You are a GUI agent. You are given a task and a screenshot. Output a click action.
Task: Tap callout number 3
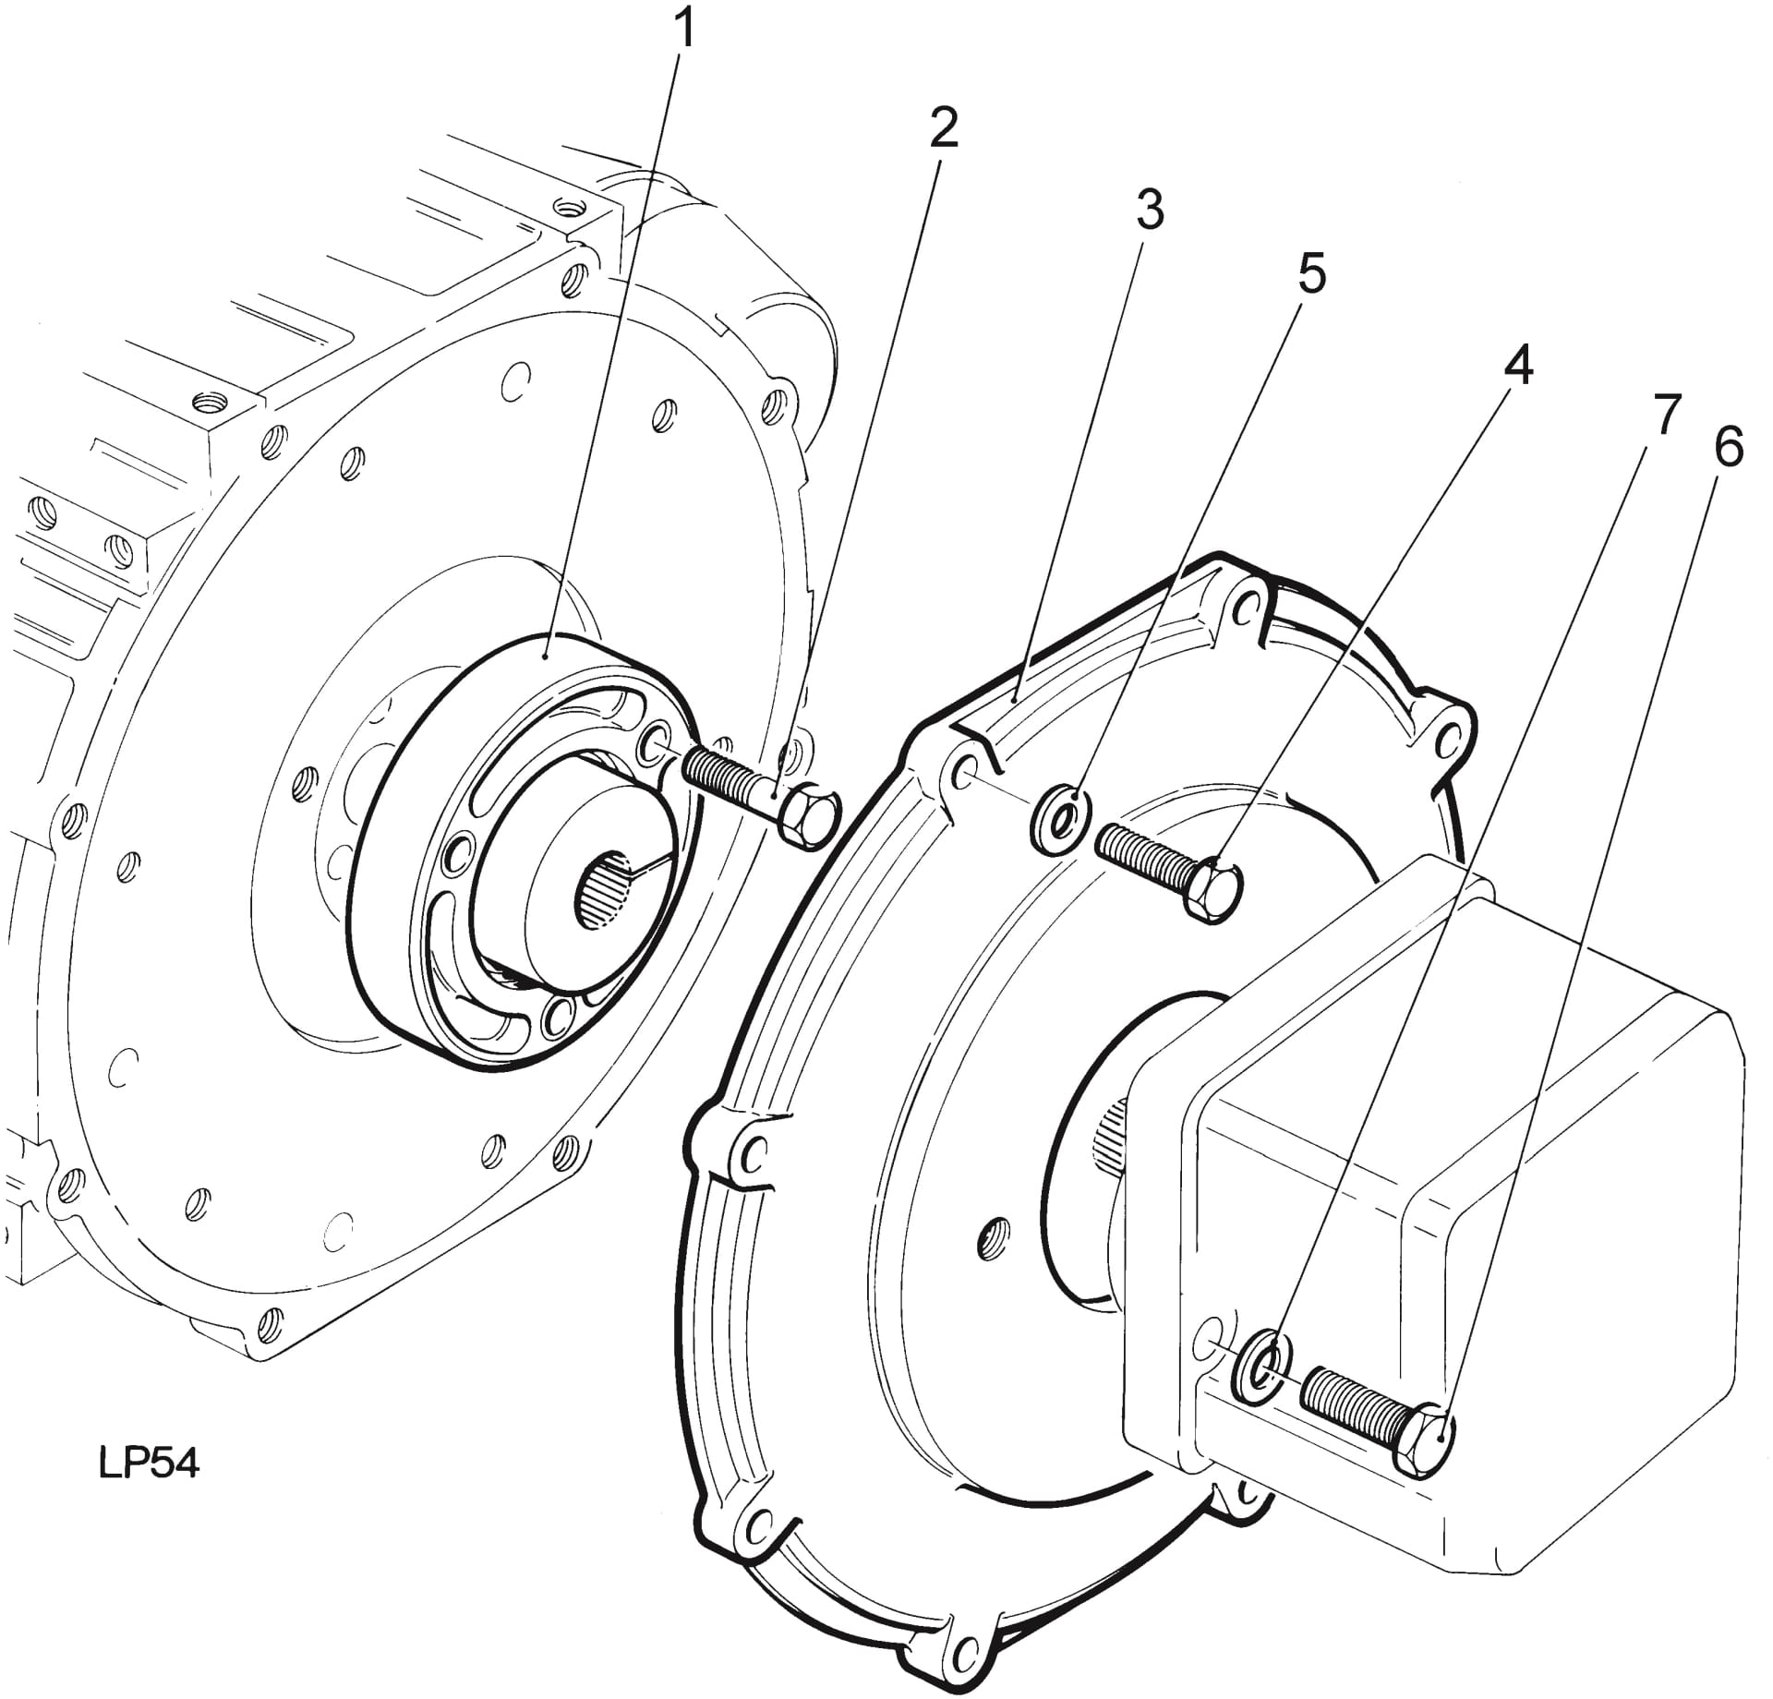(x=1149, y=211)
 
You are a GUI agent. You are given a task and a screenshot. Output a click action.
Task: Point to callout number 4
(x=1518, y=366)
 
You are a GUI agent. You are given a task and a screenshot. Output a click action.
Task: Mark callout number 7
(x=1665, y=415)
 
